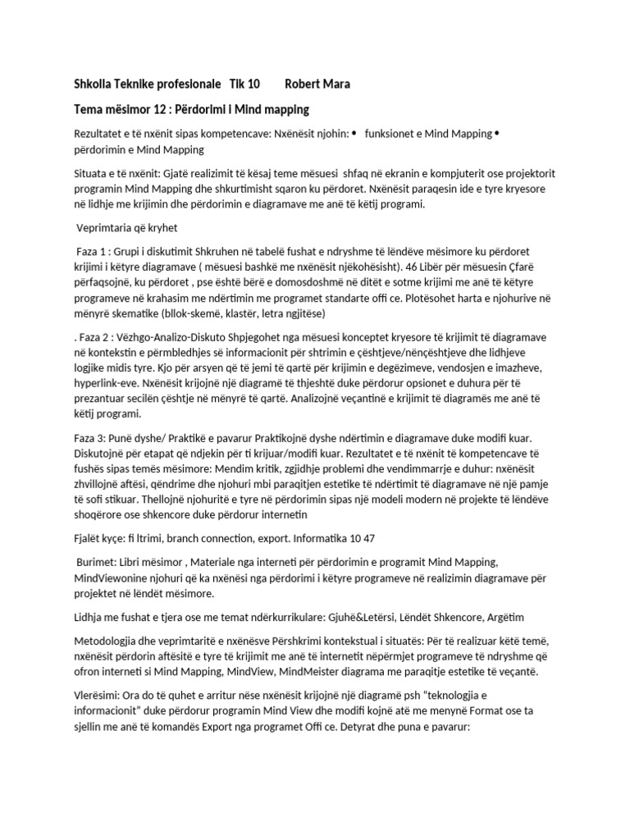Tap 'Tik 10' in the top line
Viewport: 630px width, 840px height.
tap(244, 84)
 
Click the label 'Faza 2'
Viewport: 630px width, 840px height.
tap(84, 339)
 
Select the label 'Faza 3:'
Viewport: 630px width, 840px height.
tap(84, 441)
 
